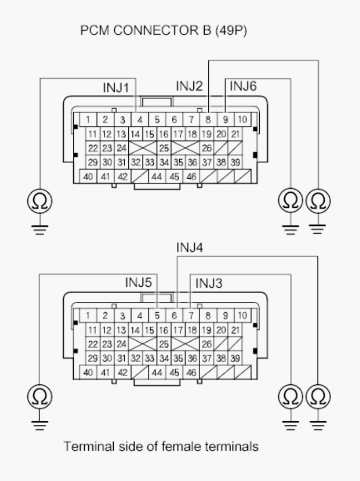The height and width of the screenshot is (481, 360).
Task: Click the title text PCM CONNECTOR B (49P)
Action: [164, 30]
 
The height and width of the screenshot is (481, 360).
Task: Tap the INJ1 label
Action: [116, 88]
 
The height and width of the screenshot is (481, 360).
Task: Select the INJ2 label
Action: [190, 86]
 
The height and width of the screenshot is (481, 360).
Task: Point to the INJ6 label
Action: [243, 86]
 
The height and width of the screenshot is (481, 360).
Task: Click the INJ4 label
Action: [190, 248]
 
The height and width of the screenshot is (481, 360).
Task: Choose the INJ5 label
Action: [138, 283]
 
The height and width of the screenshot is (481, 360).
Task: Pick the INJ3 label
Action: [209, 283]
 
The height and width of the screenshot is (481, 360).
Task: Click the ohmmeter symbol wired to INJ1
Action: [39, 201]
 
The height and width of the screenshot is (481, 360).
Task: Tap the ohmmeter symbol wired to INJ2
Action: [318, 201]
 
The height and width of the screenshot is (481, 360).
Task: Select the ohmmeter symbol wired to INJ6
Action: [290, 201]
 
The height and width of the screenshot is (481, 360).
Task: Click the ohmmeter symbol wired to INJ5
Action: [39, 397]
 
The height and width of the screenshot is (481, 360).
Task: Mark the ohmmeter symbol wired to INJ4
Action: [318, 397]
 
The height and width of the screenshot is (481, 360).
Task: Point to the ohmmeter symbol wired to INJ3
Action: [290, 397]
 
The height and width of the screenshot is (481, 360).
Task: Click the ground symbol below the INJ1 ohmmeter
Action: [39, 230]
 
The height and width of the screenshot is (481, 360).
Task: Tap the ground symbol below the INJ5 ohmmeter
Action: [39, 426]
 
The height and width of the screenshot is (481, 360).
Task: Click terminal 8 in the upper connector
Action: [208, 119]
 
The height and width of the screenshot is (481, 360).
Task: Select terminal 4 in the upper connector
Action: [140, 119]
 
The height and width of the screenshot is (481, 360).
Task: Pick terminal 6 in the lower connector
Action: [174, 315]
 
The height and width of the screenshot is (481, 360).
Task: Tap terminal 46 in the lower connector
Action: [191, 373]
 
